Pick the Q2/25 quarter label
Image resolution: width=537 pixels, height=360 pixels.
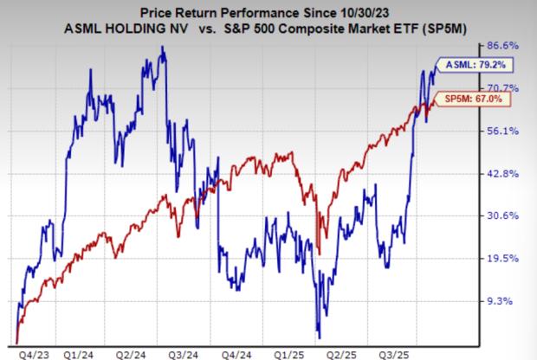(x=359, y=352)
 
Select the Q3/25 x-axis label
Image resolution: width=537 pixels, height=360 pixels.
(x=412, y=352)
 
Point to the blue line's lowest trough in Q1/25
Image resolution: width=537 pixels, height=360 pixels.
(x=320, y=337)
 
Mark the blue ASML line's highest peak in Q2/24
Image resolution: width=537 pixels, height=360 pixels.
(x=164, y=48)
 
